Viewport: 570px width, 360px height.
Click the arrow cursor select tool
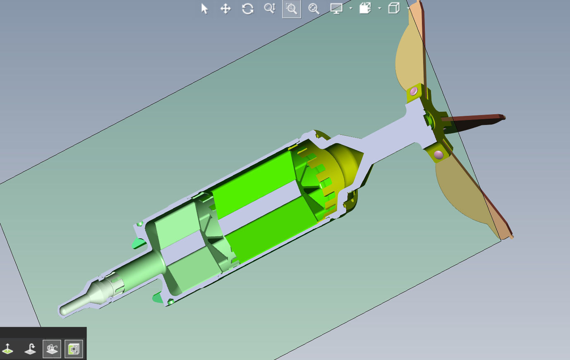pos(204,9)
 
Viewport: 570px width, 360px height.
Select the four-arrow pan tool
pos(225,9)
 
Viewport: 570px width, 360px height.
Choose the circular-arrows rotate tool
pos(247,9)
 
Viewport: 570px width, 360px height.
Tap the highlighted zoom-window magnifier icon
pos(292,9)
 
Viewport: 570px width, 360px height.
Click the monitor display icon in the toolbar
pos(336,9)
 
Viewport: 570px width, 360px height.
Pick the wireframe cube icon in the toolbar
pos(394,8)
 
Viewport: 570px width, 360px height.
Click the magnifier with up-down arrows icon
pos(269,9)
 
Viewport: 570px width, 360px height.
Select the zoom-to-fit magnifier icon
pos(314,9)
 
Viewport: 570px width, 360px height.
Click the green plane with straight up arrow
pos(8,349)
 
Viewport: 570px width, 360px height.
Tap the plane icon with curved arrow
pos(30,349)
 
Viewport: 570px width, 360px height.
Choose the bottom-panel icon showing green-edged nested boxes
pos(74,349)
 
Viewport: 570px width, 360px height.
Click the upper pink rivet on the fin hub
pos(414,91)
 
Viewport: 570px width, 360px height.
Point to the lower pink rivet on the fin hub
pos(439,155)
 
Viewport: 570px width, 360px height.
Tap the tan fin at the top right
pos(410,58)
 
